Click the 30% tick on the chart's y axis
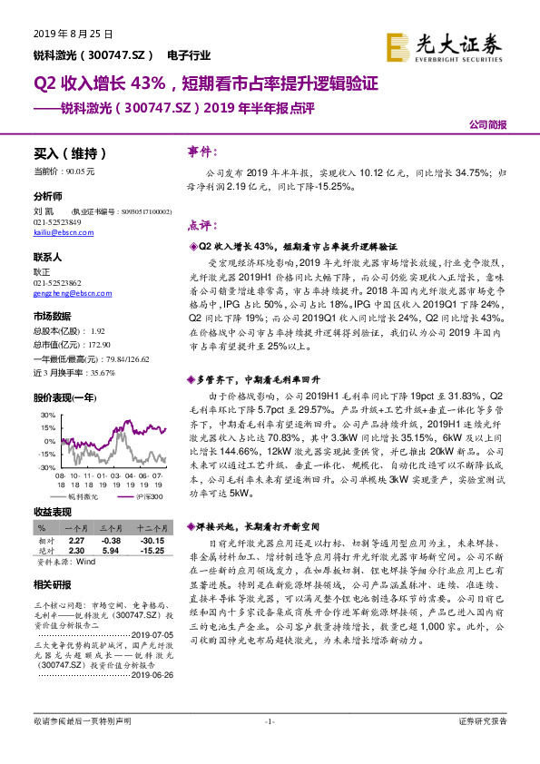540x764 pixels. (x=48, y=414)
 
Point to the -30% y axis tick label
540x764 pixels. (x=46, y=466)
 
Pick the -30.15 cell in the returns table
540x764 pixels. (x=146, y=540)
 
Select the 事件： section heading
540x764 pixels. (x=201, y=151)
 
